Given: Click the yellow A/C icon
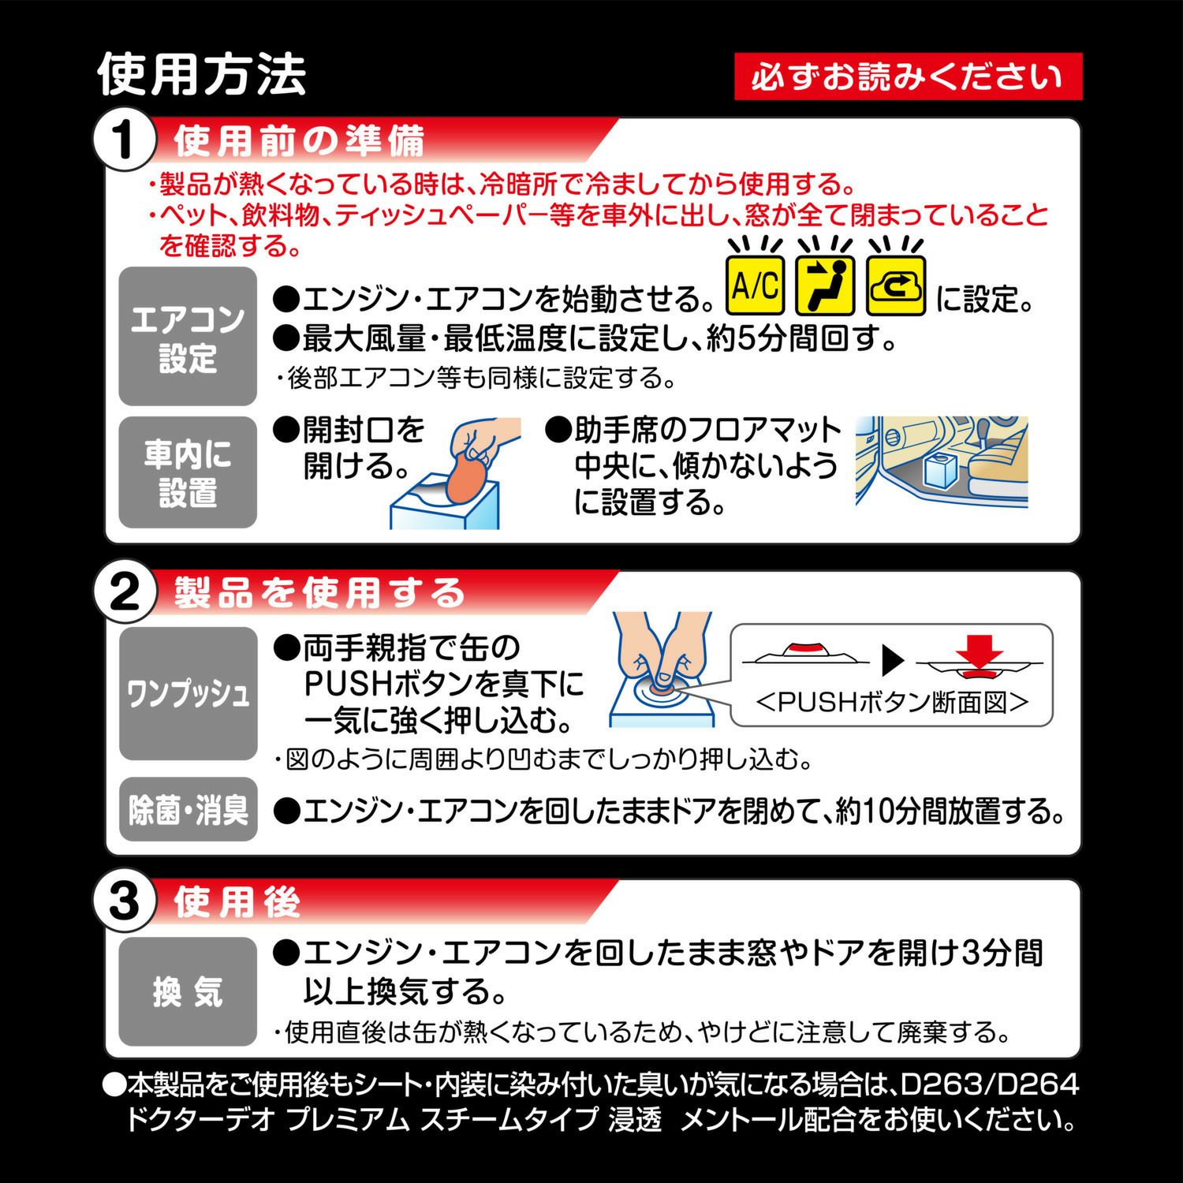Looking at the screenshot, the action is point(755,285).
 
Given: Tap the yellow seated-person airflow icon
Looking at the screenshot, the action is point(826,285).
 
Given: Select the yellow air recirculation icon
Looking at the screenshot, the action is point(896,285).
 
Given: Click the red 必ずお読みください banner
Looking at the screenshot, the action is point(908,77).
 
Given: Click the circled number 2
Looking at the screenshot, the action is point(123,594).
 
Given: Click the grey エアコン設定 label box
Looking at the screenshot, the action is point(188,337).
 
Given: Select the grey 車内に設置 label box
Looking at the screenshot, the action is point(188,472).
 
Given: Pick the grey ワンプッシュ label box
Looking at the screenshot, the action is point(188,694).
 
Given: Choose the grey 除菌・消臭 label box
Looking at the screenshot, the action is point(188,810).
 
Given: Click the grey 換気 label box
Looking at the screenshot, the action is point(188,991).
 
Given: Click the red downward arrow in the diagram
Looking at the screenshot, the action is point(980,655).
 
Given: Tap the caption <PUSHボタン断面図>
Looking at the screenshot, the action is point(892,701).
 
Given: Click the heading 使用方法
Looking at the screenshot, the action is point(202,76).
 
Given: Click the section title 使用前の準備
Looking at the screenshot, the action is point(299,141).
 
